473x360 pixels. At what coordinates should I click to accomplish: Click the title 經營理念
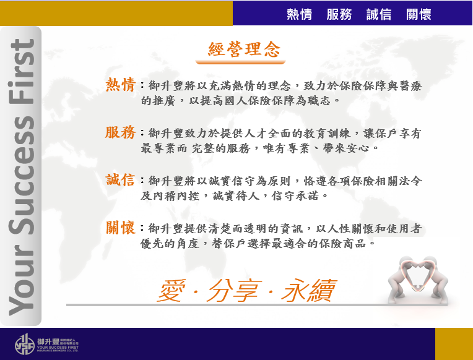tap(244, 49)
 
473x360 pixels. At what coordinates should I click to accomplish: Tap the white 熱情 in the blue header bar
tap(299, 14)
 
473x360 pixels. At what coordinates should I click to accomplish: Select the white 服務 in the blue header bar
tap(339, 14)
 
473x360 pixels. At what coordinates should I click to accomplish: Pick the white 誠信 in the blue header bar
tap(379, 14)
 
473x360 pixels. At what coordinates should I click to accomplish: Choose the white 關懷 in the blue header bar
tap(419, 14)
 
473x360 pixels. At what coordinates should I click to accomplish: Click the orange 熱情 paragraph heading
tap(121, 84)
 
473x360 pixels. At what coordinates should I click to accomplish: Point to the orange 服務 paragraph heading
tap(121, 132)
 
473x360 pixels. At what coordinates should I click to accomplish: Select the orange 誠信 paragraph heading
tap(120, 180)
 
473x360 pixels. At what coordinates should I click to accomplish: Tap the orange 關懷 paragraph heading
tap(121, 228)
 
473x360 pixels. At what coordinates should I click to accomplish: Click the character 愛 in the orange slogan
tap(171, 290)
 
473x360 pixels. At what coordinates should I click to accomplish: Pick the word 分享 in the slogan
tap(233, 290)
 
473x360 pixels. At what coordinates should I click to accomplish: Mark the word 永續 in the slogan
tap(309, 290)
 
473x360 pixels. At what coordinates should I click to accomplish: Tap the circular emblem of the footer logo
tap(25, 345)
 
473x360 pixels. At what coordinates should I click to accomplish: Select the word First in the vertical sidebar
tap(22, 72)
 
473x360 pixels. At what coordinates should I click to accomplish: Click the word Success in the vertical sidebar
tap(22, 175)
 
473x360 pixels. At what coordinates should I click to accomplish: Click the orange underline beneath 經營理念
tap(240, 62)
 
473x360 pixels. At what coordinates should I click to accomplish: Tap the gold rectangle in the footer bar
tap(454, 344)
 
